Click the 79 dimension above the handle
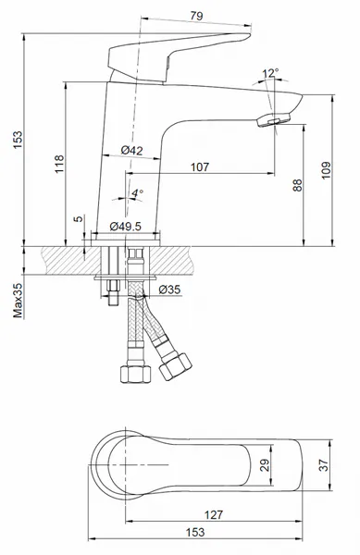(x=196, y=16)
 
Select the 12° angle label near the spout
(x=270, y=73)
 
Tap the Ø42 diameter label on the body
(x=131, y=150)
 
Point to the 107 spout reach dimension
(x=200, y=166)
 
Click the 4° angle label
(x=137, y=193)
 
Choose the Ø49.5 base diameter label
(x=125, y=226)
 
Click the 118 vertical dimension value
(x=59, y=164)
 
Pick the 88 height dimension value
(x=298, y=185)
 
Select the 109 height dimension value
(x=326, y=170)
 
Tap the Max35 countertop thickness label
(x=18, y=300)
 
